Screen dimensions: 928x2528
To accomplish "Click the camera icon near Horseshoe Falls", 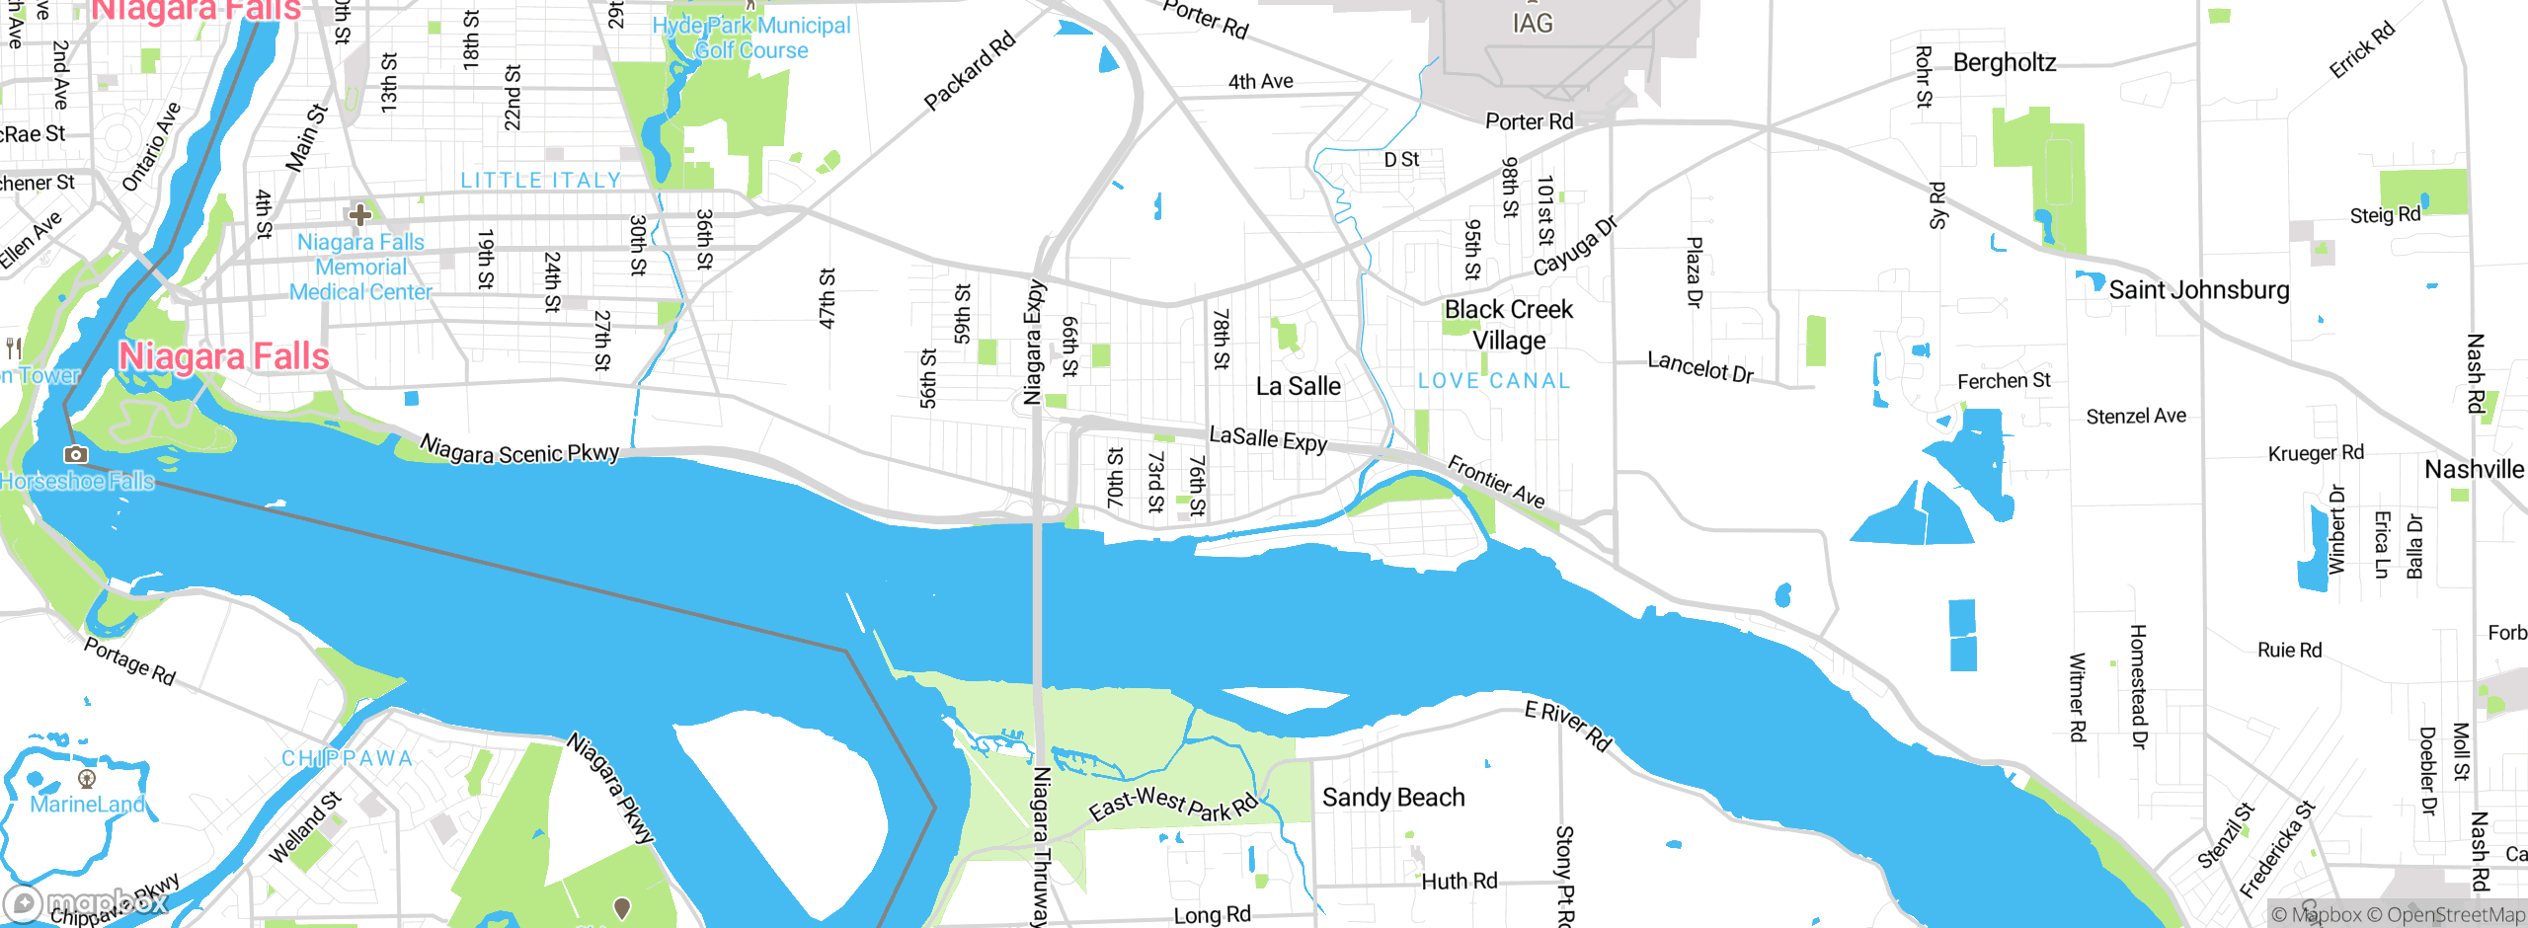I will (x=75, y=455).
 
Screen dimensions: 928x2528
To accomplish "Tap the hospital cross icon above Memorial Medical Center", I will (x=360, y=213).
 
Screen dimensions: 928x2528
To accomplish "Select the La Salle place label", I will (x=1298, y=386).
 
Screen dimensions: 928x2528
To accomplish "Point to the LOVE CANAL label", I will (x=1494, y=381).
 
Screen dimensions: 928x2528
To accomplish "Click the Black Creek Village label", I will (x=1508, y=325).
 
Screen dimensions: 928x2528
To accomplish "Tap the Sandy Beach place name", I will (x=1392, y=797).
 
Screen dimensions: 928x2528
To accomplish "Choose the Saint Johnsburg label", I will (x=2198, y=290).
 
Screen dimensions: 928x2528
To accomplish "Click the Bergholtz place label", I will (x=2004, y=63).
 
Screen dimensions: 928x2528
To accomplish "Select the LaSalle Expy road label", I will (x=1268, y=438).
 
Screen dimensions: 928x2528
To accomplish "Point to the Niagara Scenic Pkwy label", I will (x=519, y=450).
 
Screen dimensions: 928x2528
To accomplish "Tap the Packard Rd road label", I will (x=969, y=71).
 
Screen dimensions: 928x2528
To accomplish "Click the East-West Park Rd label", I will (x=1172, y=804).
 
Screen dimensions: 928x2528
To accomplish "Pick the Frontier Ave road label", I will (x=1496, y=482).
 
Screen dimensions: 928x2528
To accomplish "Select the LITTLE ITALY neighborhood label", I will (x=541, y=181).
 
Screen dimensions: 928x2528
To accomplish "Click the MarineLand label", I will (x=87, y=804).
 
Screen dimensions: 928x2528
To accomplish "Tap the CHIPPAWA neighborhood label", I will (x=348, y=758).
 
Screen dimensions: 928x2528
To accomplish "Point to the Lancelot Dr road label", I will (x=1699, y=367).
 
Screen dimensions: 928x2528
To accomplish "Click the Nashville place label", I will (x=2473, y=470).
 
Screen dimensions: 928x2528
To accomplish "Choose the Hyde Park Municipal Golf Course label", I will (x=750, y=38).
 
